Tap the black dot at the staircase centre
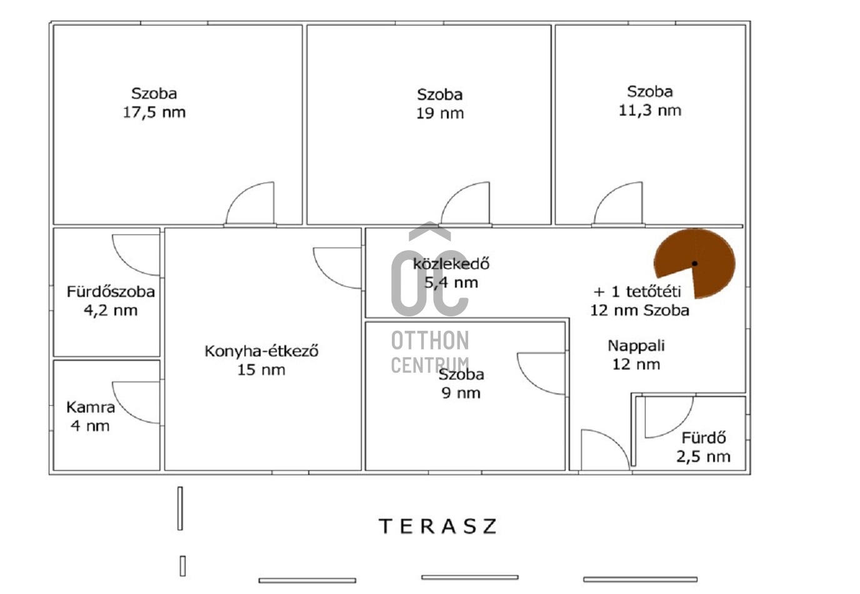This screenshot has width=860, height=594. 694,263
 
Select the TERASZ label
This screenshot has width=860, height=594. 438,526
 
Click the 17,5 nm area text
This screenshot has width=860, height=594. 154,113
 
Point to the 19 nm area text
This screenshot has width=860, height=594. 440,113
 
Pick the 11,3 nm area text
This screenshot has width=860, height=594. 650,111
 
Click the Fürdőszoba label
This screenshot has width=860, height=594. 111,292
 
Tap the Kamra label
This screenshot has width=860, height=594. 91,407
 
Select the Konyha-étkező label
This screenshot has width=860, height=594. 261,351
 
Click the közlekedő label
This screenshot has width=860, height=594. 451,264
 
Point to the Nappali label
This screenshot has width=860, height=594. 636,346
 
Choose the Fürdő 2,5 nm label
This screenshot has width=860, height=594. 703,447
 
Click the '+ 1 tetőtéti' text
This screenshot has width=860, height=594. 637,292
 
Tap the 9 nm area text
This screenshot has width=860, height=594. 461,393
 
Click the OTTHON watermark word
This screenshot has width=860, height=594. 430,341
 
